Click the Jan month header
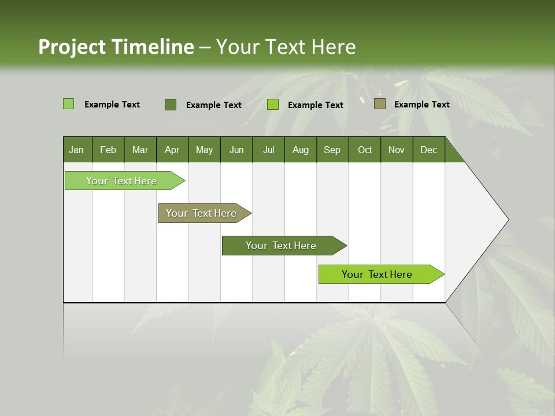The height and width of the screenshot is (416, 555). click(76, 150)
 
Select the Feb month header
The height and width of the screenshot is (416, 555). click(108, 150)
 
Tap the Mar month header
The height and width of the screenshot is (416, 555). click(140, 150)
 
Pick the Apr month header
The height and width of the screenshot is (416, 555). click(172, 150)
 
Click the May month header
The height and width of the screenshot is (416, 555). click(204, 150)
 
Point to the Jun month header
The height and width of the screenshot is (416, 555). click(236, 150)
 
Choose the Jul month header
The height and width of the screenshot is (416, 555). click(268, 150)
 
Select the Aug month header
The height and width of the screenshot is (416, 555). click(300, 150)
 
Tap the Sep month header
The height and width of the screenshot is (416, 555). click(332, 150)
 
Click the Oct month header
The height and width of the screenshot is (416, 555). click(365, 150)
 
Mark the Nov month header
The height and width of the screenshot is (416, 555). click(396, 150)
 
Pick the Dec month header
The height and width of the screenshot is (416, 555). click(428, 150)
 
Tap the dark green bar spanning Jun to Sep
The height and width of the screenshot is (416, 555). click(282, 246)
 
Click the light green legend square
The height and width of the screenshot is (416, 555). click(68, 104)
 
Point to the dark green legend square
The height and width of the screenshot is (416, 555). click(171, 105)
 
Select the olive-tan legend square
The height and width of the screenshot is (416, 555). click(380, 104)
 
